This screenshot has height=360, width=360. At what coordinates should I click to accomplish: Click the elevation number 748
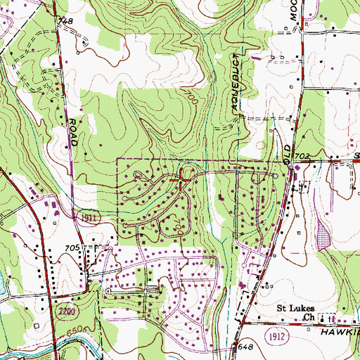pyautogui.click(x=66, y=22)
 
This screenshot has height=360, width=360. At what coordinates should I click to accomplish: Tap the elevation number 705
pyautogui.click(x=72, y=248)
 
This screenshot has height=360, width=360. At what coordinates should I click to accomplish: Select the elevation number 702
pyautogui.click(x=302, y=155)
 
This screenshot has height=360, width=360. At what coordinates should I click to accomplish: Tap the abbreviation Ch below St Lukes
pyautogui.click(x=309, y=317)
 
